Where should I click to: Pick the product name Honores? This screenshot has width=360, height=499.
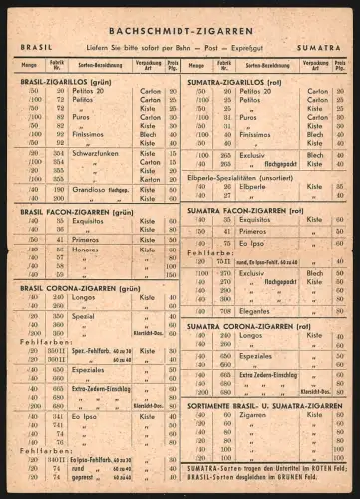86,249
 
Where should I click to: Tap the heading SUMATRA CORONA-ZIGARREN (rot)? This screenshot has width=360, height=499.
249,325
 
